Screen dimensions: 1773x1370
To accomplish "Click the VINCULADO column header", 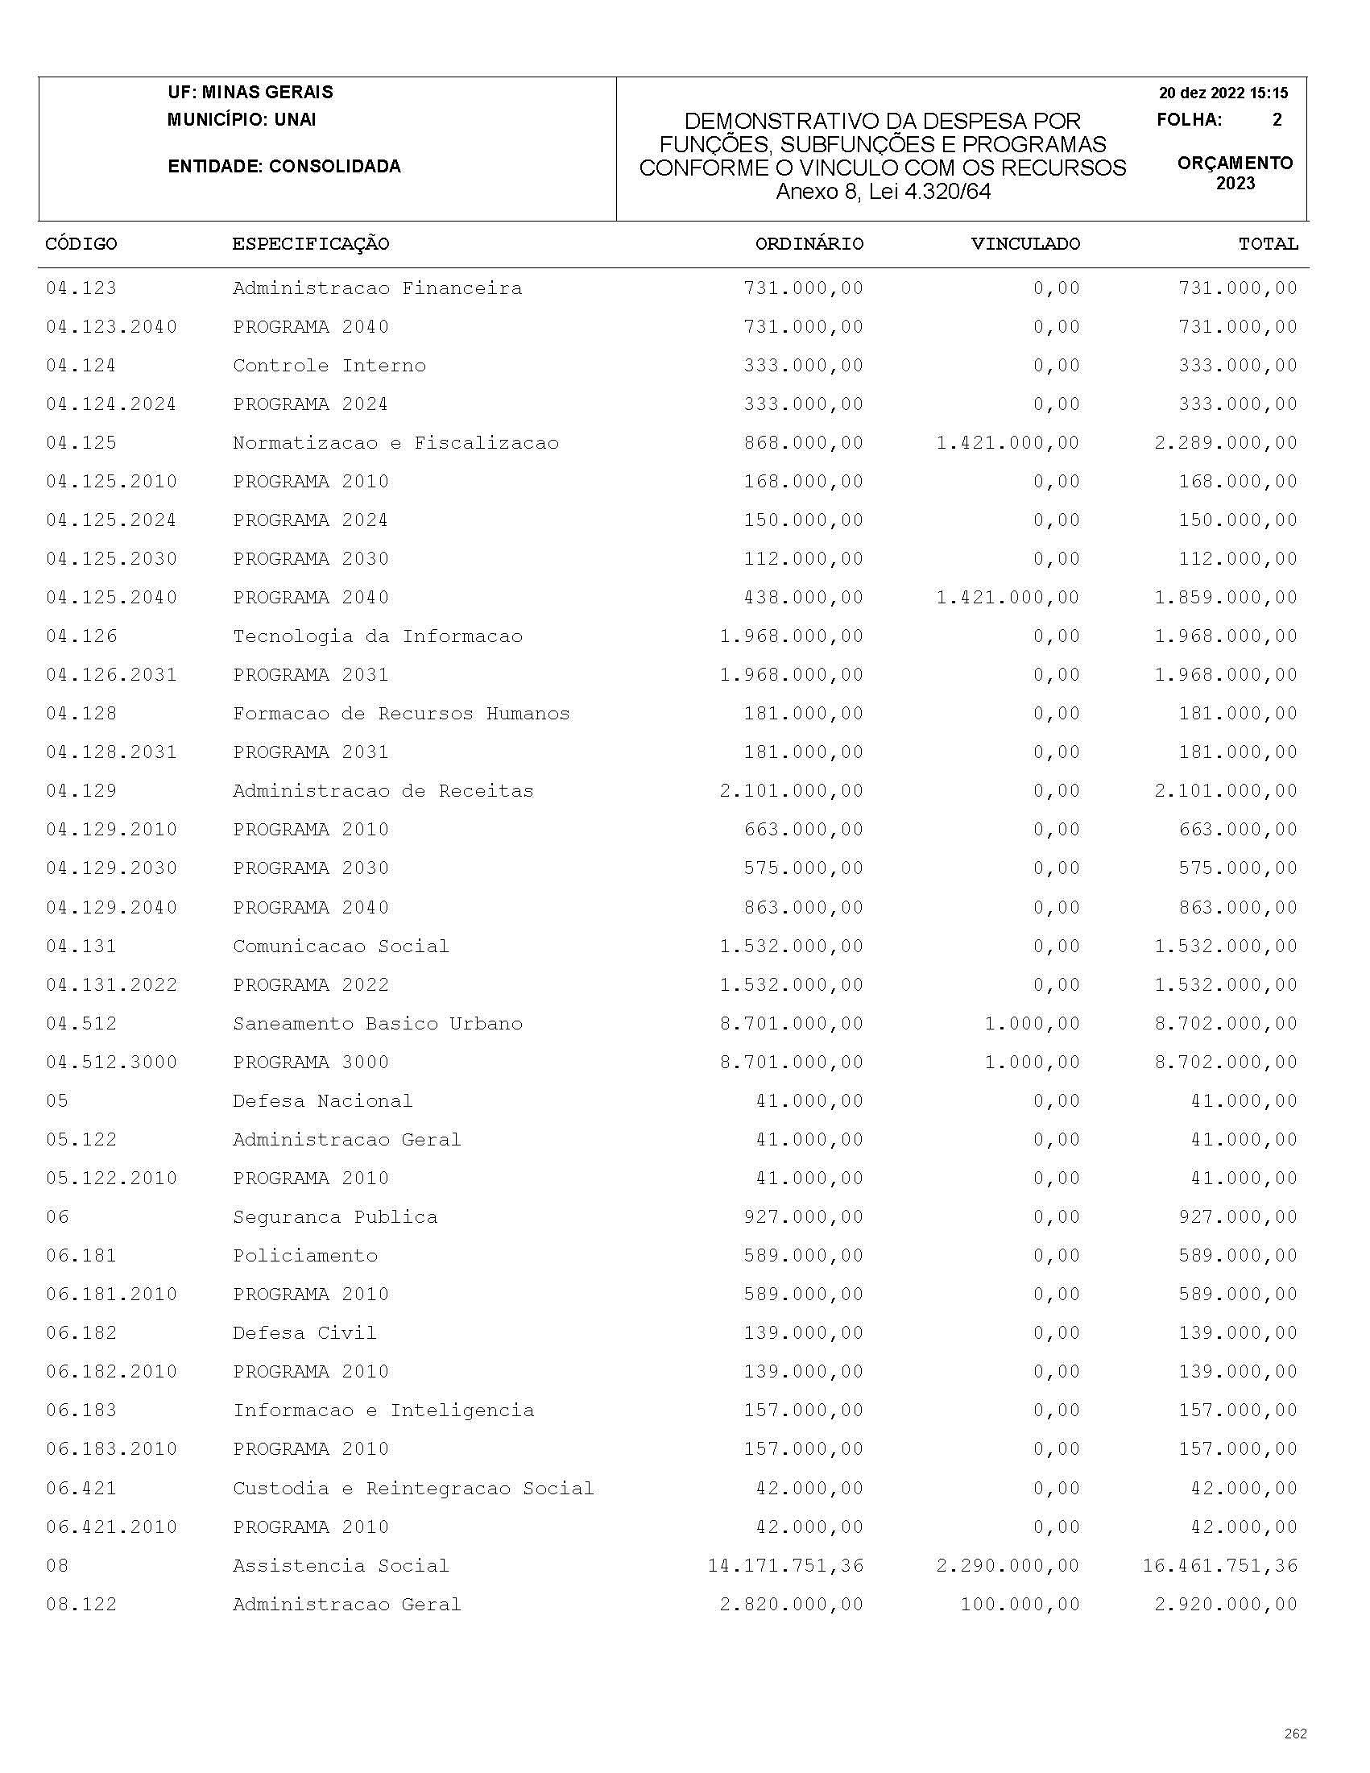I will [x=1025, y=244].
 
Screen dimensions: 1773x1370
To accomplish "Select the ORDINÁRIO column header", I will [x=809, y=244].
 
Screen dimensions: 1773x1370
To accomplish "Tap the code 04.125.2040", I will [x=111, y=598].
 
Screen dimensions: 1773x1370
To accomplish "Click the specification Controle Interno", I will [x=329, y=366].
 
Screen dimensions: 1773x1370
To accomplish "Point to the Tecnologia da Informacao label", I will [x=378, y=636].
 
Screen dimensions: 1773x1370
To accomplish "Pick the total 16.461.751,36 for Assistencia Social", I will [x=1220, y=1565].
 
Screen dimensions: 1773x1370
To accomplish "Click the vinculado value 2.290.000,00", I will [x=1008, y=1565].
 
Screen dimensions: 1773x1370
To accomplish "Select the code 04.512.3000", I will [x=111, y=1062].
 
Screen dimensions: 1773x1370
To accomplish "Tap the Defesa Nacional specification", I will [x=322, y=1101].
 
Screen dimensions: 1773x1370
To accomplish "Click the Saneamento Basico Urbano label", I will [x=378, y=1024].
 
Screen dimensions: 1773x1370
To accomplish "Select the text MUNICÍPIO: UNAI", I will [x=242, y=120].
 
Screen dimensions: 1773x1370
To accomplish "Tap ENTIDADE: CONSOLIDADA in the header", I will [x=284, y=167].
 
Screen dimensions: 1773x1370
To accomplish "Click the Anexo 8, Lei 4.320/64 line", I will [x=883, y=192].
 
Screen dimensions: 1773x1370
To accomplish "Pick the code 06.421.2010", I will [x=111, y=1527].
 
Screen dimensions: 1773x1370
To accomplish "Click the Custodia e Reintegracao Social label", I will [x=413, y=1488].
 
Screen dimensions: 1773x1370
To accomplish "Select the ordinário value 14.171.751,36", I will [x=784, y=1565].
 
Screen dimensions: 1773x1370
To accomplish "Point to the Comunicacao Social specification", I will [x=341, y=946].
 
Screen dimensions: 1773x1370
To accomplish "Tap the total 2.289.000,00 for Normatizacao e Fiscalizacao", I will [x=1226, y=443].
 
